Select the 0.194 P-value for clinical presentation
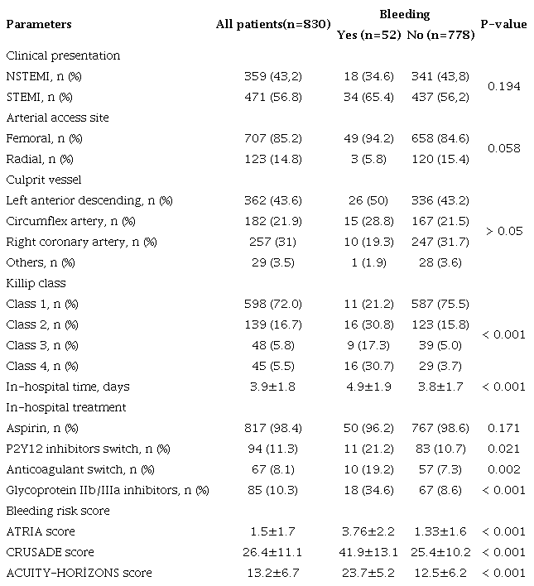[503, 86]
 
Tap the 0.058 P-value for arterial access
[503, 148]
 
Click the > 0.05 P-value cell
[503, 231]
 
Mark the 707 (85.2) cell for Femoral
[267, 138]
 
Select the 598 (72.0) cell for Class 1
[267, 304]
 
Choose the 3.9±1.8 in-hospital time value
[267, 387]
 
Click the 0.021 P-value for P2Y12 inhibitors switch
[503, 449]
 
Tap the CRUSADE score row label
[50, 552]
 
